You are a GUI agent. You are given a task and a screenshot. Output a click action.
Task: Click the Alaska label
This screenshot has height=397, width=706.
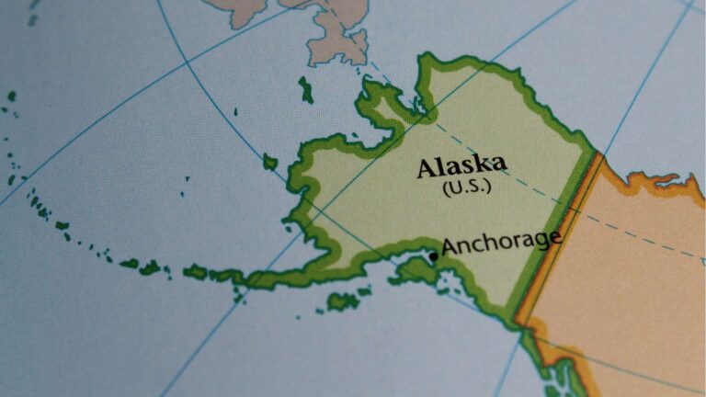461,167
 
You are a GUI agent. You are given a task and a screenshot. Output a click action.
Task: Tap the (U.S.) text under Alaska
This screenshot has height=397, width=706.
466,187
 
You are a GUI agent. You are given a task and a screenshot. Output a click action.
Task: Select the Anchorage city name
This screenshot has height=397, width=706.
501,243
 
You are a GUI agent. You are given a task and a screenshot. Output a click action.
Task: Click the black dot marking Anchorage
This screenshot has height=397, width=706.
434,255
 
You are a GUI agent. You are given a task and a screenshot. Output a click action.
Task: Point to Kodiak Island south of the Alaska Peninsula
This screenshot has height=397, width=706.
344,301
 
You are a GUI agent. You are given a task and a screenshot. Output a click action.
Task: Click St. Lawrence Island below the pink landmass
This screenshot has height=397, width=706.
305,89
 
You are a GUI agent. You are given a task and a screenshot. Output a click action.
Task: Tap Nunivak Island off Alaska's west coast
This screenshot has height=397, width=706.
269,162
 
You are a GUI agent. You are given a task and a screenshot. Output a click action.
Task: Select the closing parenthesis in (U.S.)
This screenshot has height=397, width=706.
488,187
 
